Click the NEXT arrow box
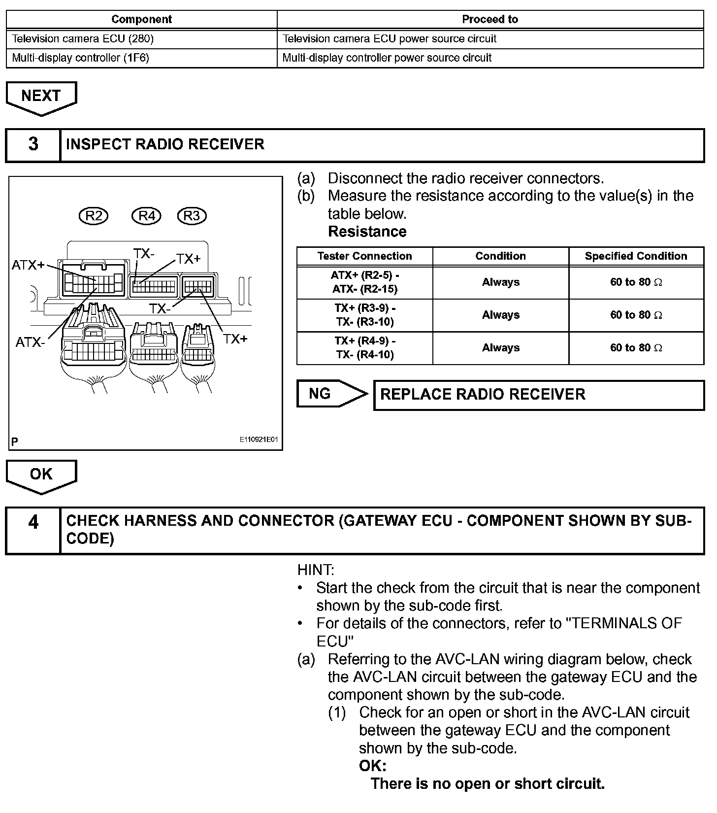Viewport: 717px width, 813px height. tap(41, 96)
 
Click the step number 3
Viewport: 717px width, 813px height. tap(33, 145)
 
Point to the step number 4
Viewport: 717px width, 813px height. tap(33, 522)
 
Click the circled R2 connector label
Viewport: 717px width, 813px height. tap(94, 216)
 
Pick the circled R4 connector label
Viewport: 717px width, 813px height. tap(147, 216)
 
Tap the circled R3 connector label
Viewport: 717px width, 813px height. tap(192, 216)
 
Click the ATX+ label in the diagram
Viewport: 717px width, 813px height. tap(28, 265)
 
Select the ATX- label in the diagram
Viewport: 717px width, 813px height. tap(30, 342)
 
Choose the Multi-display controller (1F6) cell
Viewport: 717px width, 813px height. tap(81, 58)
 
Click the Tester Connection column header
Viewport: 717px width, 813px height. tap(364, 256)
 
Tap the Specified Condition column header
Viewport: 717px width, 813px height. tap(636, 256)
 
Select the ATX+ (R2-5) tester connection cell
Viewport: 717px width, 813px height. tap(365, 282)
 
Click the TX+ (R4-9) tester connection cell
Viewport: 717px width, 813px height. tap(365, 348)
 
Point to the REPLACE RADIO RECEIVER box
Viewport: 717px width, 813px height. tap(539, 395)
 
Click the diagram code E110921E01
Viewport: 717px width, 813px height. tap(260, 440)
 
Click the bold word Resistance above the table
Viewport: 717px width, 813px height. tap(367, 232)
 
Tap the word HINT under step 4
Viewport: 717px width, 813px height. tap(316, 570)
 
